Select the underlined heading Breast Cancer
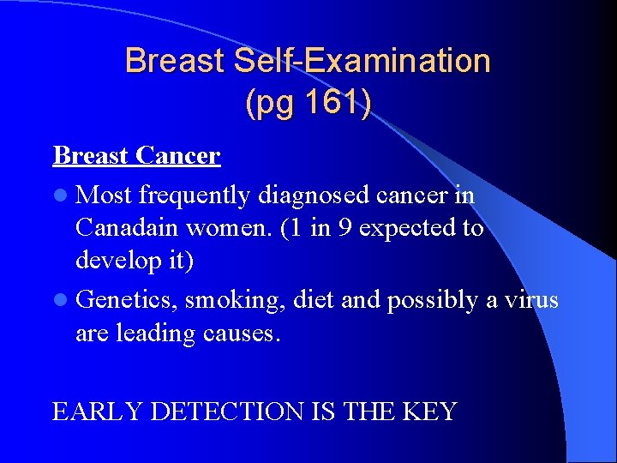tap(136, 156)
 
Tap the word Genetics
tap(127, 301)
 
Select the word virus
tap(531, 300)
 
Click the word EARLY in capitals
tap(98, 412)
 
